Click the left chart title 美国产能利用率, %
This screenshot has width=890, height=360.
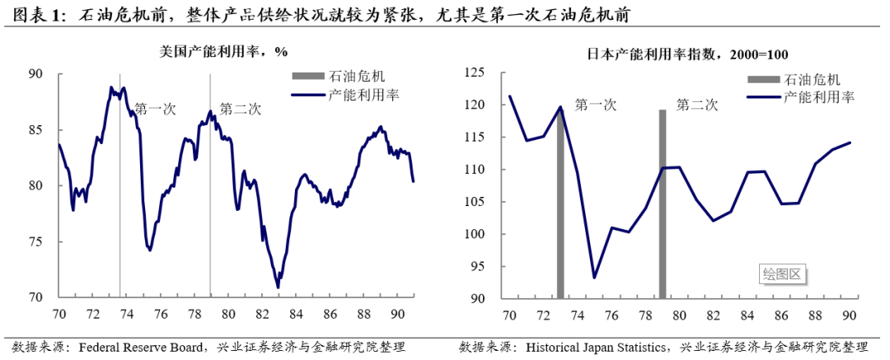tap(223, 51)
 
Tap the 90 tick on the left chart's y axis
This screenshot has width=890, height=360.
tap(35, 74)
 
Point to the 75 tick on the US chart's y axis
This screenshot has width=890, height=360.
tap(35, 241)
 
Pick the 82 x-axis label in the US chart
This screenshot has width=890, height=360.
tap(262, 314)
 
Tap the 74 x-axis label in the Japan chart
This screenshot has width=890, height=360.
tap(578, 315)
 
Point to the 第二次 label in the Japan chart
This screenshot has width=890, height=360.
tap(697, 105)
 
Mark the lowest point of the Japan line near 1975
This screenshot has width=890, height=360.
tap(594, 277)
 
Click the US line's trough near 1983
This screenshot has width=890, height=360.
tap(278, 288)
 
